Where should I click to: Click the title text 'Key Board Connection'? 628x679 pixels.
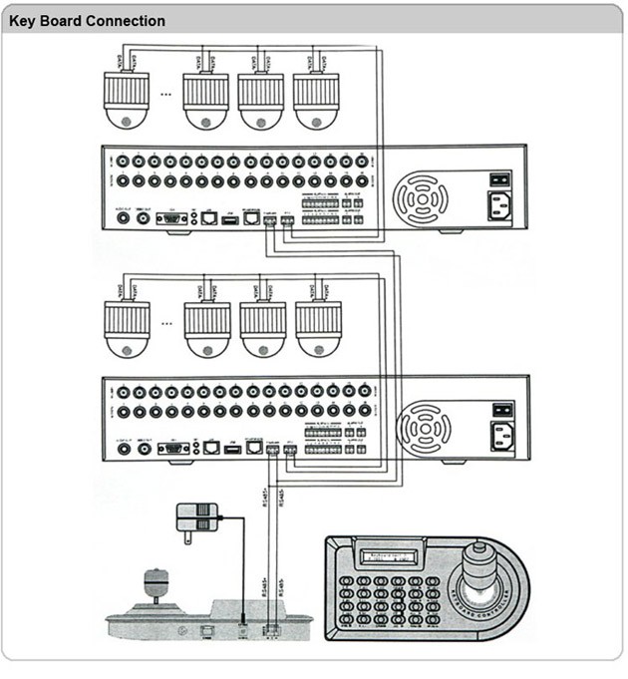88,21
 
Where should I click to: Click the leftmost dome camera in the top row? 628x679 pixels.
127,99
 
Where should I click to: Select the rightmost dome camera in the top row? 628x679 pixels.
317,99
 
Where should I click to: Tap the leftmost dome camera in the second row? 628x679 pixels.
127,328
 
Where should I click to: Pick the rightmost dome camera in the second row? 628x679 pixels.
318,328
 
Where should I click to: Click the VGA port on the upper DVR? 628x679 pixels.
173,216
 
